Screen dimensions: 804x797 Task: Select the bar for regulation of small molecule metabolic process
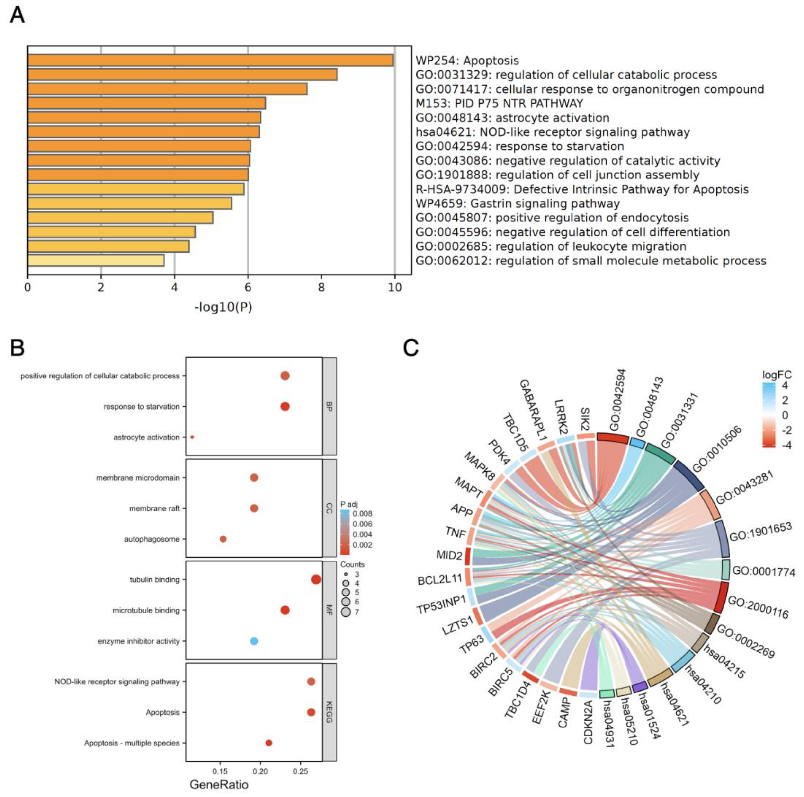[96, 260]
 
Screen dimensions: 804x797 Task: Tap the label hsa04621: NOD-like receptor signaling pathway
[553, 132]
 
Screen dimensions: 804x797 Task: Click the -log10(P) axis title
[223, 307]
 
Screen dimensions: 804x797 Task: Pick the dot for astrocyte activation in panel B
[192, 437]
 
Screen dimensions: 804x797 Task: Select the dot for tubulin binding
[316, 579]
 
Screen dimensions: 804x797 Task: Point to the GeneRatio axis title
[219, 785]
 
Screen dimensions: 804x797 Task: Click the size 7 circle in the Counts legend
[345, 612]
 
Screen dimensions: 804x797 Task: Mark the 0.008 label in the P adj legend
[362, 514]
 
